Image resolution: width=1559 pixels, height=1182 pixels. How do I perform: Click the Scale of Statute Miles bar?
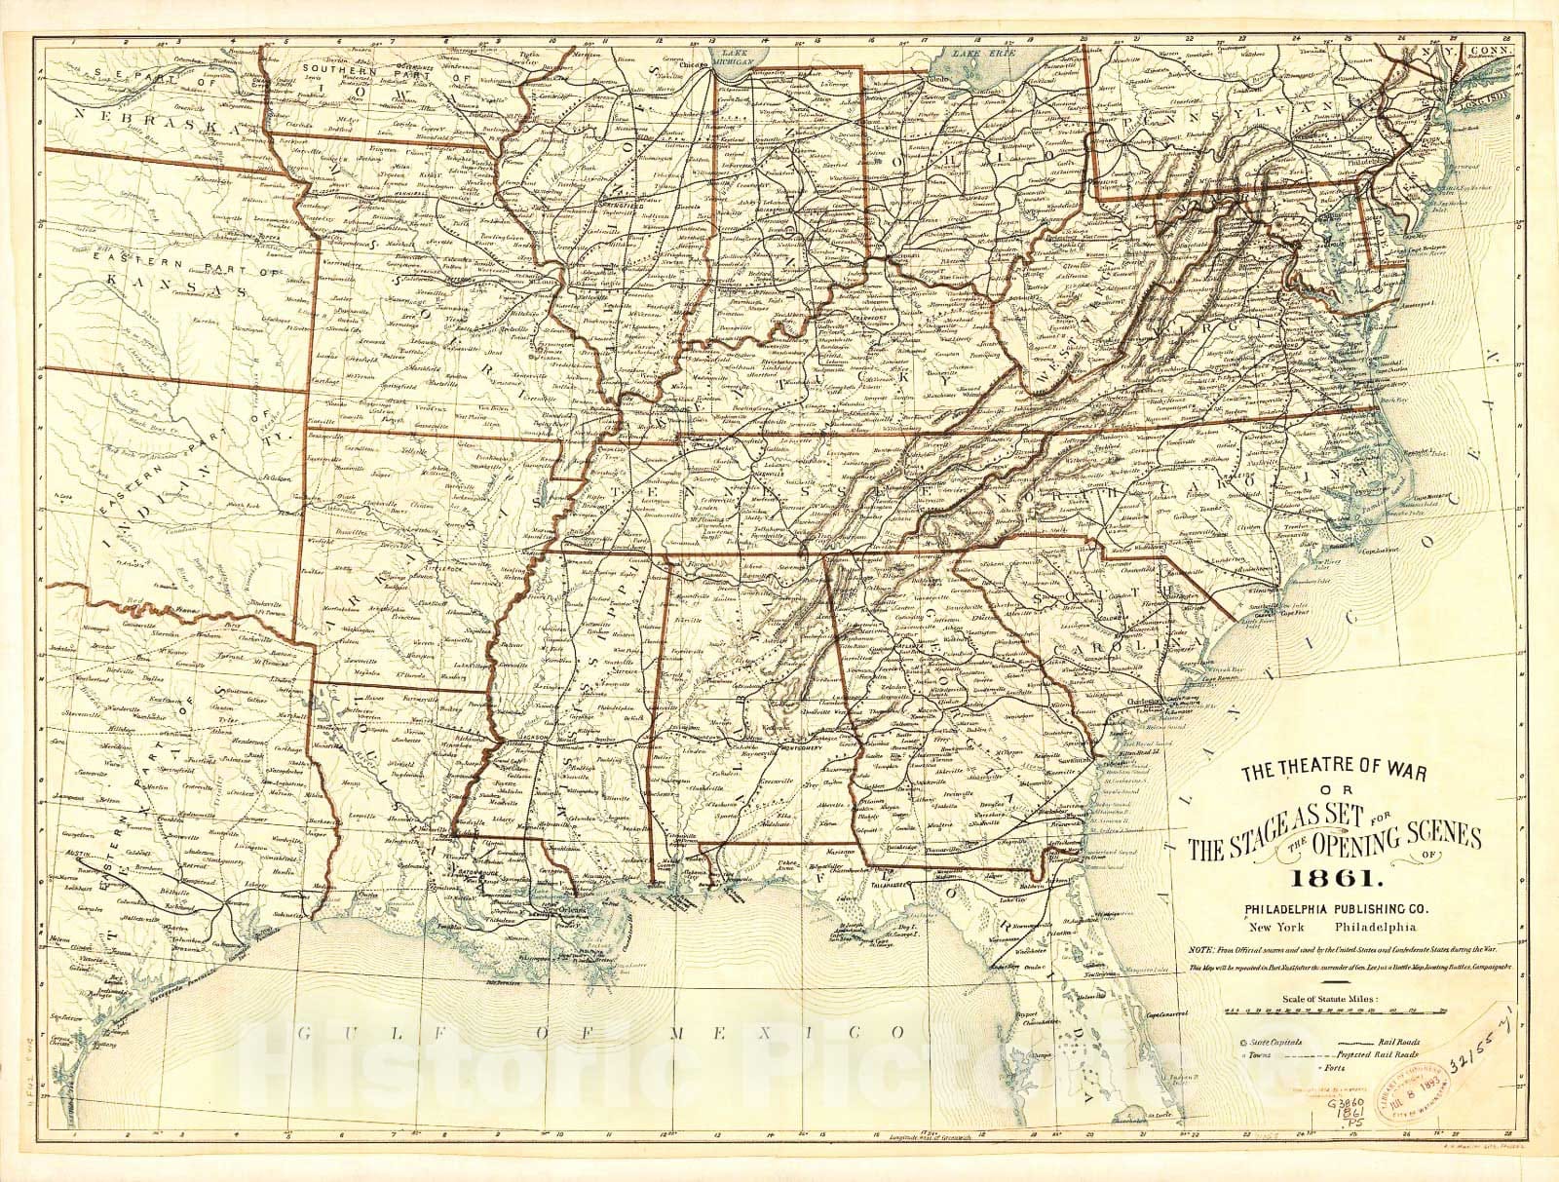click(x=1333, y=1012)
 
